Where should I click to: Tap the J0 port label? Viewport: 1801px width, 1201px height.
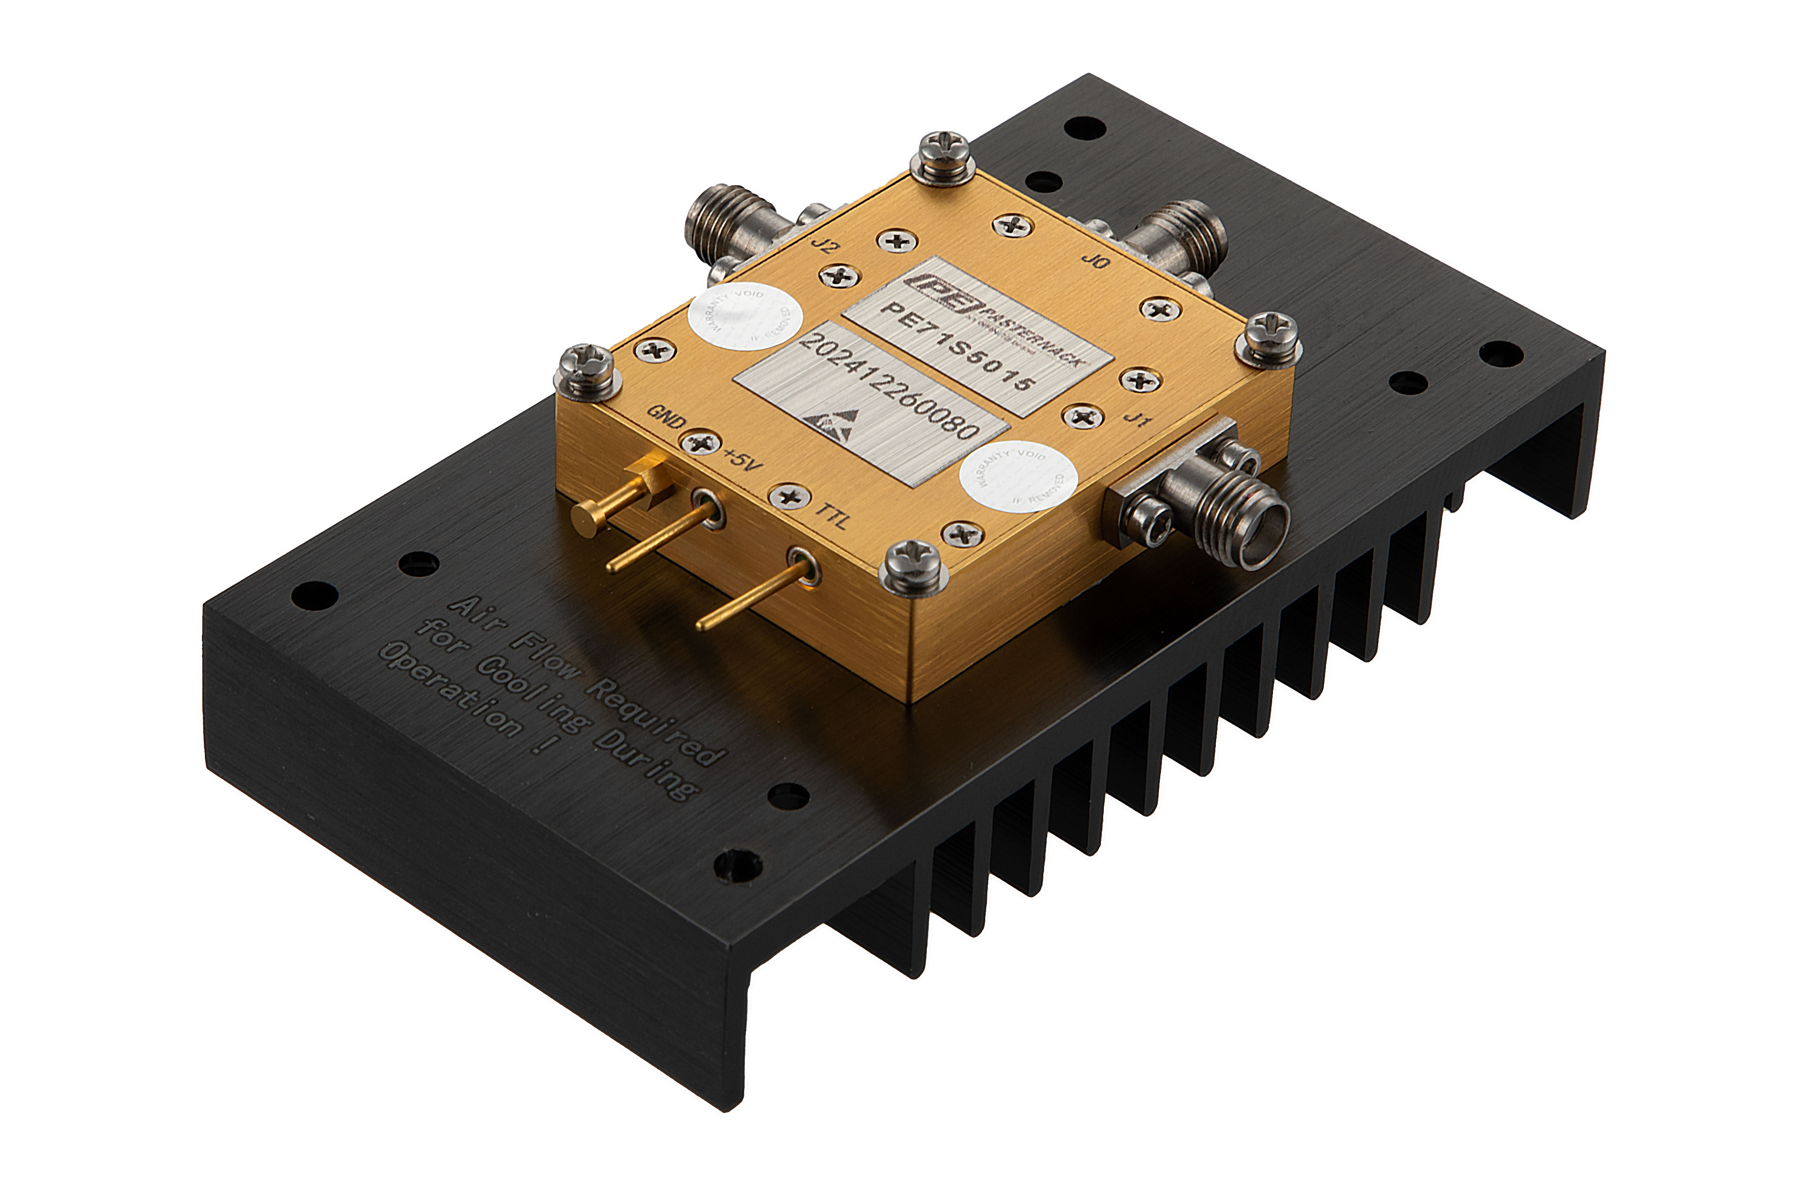[x=1095, y=260]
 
